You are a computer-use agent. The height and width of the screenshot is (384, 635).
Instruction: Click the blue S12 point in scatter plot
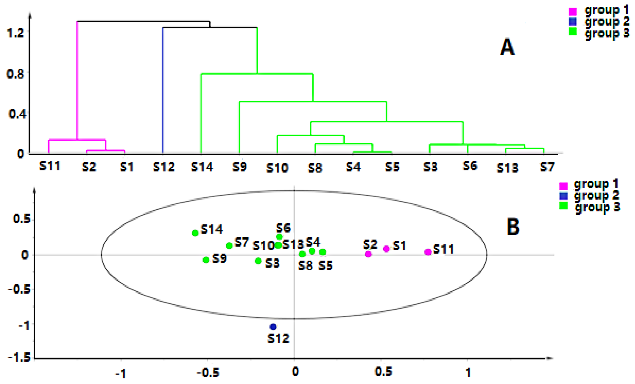tap(273, 327)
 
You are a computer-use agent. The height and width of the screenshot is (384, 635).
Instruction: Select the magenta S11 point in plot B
tap(428, 252)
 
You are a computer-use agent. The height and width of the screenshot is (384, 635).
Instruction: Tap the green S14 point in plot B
tap(195, 233)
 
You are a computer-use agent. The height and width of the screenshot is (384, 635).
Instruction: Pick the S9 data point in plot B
tap(206, 260)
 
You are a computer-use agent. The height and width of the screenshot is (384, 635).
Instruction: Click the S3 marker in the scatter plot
tap(258, 261)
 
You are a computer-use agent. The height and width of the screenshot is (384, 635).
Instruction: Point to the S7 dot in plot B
tap(229, 246)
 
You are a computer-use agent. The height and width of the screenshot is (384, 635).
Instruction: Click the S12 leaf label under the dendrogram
tap(164, 167)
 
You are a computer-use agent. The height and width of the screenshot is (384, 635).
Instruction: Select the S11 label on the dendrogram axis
tap(50, 166)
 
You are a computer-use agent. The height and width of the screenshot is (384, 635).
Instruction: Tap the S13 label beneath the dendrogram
tap(507, 168)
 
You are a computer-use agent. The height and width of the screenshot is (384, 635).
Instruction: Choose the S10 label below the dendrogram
tap(277, 168)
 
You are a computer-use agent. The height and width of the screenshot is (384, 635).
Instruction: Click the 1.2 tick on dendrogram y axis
tap(15, 33)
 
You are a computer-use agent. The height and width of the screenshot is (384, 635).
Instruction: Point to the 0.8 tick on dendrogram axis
tap(15, 74)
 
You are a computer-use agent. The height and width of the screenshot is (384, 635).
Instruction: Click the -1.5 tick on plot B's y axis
tap(19, 358)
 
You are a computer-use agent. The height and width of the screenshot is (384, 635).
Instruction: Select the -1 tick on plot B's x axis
tap(121, 373)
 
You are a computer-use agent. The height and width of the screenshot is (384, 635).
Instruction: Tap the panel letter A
tap(507, 47)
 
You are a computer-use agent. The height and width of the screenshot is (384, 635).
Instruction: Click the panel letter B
tap(513, 227)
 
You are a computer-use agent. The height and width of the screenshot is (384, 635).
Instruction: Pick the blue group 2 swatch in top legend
tap(573, 21)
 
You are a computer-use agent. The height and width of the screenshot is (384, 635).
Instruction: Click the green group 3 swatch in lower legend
tap(563, 206)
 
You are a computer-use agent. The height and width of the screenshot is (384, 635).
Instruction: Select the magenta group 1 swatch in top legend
tap(573, 11)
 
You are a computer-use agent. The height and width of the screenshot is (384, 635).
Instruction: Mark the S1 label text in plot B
tap(399, 246)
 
